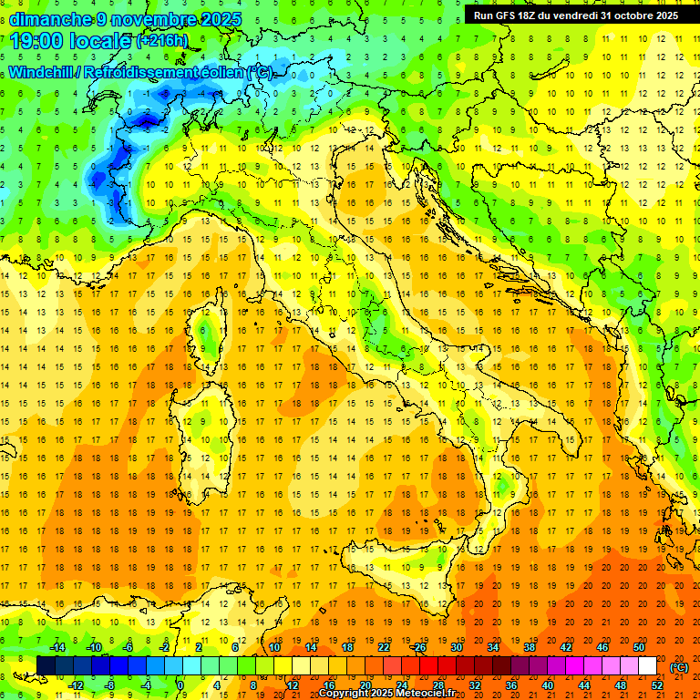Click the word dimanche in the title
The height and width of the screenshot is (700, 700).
[49, 19]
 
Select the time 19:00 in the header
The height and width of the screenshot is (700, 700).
[42, 41]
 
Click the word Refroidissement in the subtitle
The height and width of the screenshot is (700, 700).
[154, 72]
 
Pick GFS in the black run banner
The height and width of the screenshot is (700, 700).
[514, 15]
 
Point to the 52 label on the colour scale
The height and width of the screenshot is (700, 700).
[657, 685]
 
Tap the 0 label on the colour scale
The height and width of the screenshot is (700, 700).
[180, 685]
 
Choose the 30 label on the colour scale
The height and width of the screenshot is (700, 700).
[457, 647]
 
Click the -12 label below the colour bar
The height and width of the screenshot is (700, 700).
[76, 685]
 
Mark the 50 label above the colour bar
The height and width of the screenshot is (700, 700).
[637, 647]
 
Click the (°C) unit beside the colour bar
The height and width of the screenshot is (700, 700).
[679, 667]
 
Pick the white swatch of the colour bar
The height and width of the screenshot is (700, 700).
[648, 666]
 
